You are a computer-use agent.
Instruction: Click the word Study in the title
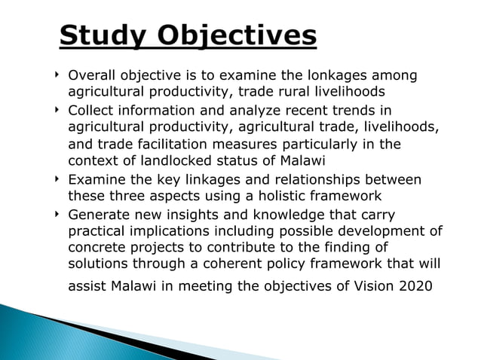pyautogui.click(x=103, y=35)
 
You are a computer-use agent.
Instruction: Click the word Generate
pyautogui.click(x=97, y=215)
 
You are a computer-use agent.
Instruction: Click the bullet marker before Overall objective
pyautogui.click(x=57, y=76)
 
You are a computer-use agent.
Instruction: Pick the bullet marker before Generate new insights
pyautogui.click(x=57, y=215)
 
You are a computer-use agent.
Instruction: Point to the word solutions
pyautogui.click(x=97, y=264)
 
